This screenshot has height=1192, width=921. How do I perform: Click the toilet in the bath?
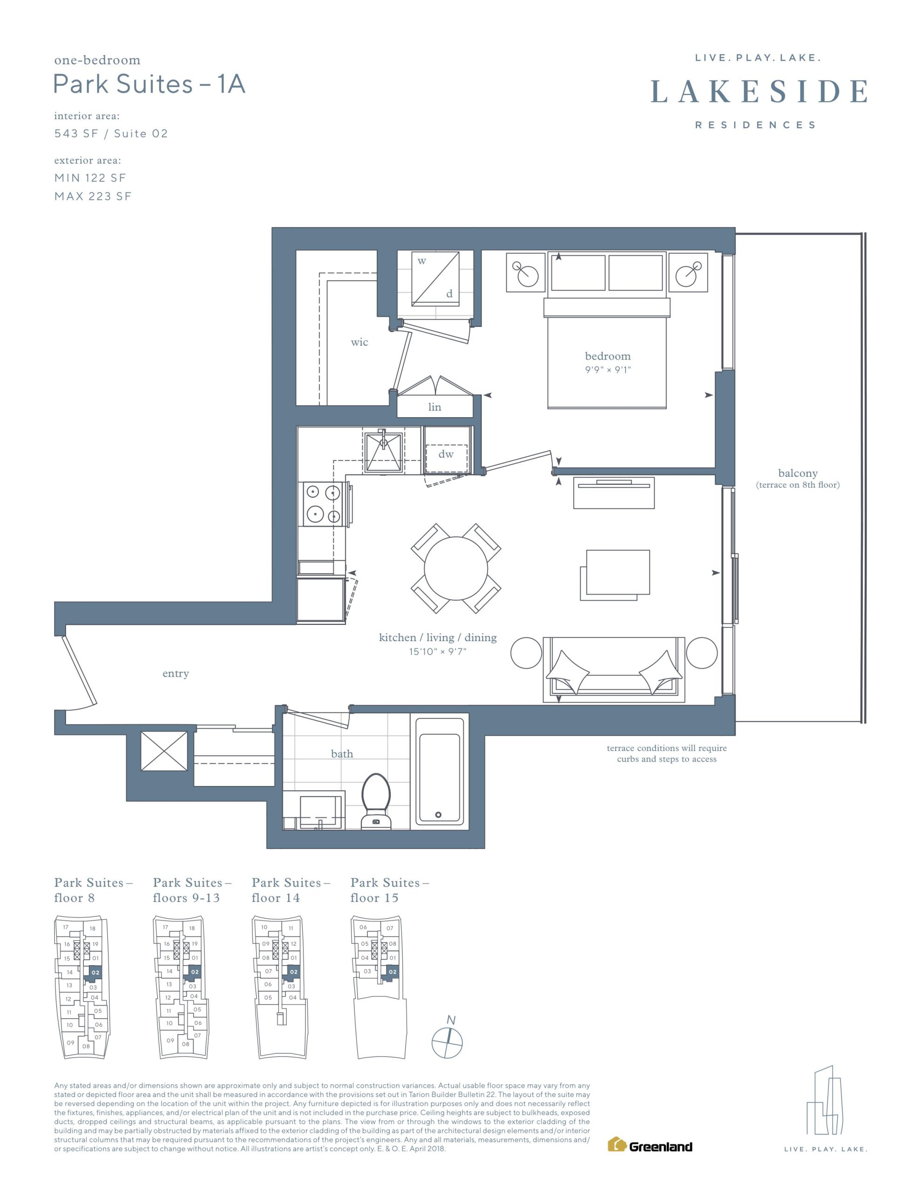coord(376,801)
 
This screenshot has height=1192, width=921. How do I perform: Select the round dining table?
coord(456,568)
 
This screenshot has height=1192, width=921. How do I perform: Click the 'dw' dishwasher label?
coord(446,454)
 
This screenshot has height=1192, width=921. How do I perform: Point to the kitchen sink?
coord(383,451)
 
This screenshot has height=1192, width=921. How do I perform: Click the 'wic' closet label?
coord(359,342)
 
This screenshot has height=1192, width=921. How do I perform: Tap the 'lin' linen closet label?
coord(434,406)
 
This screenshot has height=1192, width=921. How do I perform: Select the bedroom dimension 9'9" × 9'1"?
coord(608,370)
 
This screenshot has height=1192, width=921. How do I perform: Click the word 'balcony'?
coord(798,473)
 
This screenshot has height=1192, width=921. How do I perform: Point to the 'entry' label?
coord(176,673)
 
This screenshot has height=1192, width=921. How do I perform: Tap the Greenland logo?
coord(650,1144)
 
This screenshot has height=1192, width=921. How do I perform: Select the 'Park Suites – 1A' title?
coord(149,84)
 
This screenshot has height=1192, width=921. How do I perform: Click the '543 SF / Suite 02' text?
coord(111,134)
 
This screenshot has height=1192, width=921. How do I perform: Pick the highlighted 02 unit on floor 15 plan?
coord(392,972)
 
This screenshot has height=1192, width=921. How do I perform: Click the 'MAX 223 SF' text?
coord(93,196)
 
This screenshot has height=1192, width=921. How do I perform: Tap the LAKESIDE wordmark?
coord(759,91)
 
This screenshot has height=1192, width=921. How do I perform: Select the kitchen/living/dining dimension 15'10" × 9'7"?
coord(438,652)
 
